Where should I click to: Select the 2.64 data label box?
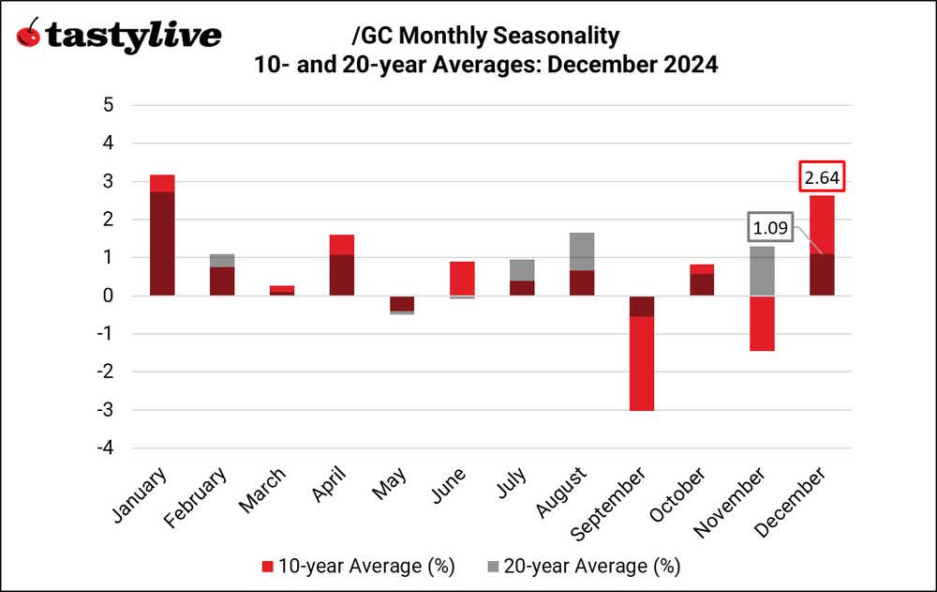[x=822, y=176]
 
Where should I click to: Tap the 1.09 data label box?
[x=770, y=227]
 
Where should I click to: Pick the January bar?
[x=161, y=235]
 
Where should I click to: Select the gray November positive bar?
[x=762, y=271]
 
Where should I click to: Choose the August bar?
[x=582, y=265]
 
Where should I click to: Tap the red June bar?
[x=462, y=279]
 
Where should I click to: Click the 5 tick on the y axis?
[x=109, y=105]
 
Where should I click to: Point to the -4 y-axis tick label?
[x=105, y=448]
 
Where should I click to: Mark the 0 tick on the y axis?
[x=109, y=296]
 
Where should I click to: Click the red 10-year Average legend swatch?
[x=266, y=566]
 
